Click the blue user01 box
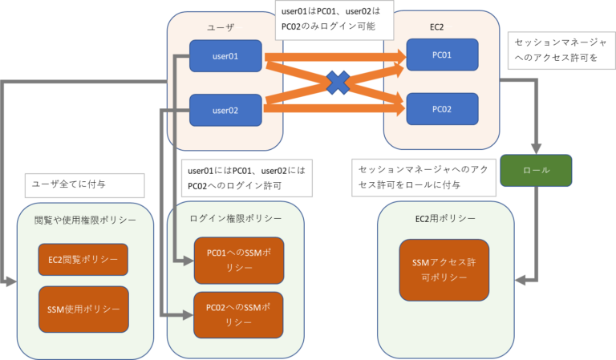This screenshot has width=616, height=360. coord(225,56)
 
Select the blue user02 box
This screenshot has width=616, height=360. coord(225,109)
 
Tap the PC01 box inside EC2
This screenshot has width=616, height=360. coord(442,55)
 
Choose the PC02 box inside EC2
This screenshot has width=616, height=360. coord(442,108)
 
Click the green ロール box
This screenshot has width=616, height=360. coord(536,170)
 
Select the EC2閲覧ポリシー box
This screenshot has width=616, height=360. coord(83,260)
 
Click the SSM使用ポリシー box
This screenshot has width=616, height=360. coord(83,309)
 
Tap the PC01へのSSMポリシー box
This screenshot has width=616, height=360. coord(238,261)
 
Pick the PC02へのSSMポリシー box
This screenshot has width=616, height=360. coord(238,314)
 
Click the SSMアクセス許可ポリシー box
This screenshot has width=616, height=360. coord(444,269)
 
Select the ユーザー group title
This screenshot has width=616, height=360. coord(224,28)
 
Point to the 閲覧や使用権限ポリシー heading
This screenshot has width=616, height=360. coord(85,219)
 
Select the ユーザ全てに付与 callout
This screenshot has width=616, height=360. coord(84,184)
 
